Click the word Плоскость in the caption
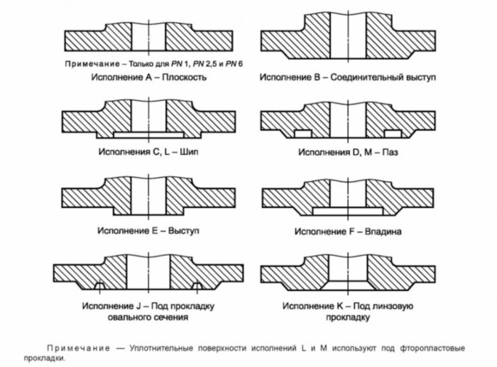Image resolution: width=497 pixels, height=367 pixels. point(184,77)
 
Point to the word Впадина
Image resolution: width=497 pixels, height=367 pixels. point(384,231)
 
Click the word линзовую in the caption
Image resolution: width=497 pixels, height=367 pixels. point(393,307)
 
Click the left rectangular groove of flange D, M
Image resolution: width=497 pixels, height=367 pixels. point(301,133)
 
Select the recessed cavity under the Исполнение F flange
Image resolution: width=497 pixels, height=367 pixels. point(346,211)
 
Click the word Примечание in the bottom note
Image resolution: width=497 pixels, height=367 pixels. point(79,349)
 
